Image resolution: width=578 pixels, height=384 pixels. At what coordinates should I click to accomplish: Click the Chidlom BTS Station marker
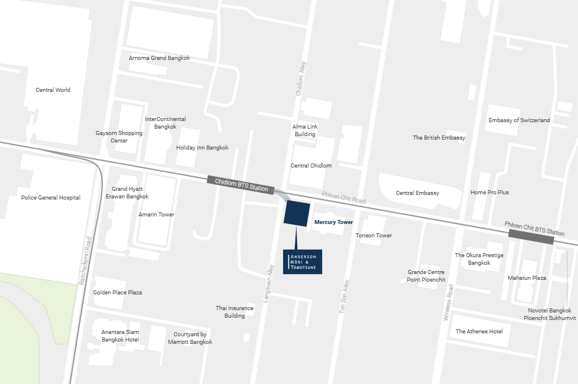point(241,184)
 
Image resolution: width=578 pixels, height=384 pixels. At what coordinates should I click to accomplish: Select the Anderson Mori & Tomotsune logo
point(302,262)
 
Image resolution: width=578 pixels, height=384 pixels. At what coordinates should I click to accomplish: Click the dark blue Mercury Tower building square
point(297,213)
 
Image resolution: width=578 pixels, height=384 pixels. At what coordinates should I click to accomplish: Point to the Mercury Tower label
point(333,222)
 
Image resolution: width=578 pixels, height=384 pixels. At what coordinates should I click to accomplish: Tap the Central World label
point(53,90)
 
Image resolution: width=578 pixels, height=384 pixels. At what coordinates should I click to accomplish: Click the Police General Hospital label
point(51,198)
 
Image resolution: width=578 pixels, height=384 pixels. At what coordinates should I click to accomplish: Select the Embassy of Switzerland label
point(519,120)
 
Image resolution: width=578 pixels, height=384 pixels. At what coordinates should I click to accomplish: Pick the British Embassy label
point(439,138)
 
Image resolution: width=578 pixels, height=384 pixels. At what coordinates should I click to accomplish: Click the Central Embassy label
point(418,193)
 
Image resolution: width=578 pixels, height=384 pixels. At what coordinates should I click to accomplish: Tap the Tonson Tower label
point(374,236)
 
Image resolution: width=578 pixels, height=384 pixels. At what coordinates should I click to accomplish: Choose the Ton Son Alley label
point(345,297)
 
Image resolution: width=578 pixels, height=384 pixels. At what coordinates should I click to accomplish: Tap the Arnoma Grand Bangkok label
point(159,58)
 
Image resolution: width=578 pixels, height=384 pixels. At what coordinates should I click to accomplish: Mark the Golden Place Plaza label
point(117,293)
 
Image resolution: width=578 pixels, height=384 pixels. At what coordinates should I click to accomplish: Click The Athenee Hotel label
point(479,332)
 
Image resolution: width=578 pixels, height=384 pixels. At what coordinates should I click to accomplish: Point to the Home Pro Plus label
point(490,193)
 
